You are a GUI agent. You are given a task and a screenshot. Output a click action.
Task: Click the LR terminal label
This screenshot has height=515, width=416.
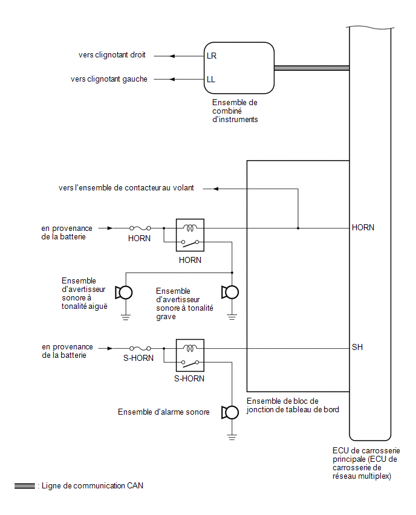pyautogui.click(x=212, y=56)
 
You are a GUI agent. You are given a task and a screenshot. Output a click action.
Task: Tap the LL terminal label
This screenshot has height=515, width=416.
pyautogui.click(x=211, y=79)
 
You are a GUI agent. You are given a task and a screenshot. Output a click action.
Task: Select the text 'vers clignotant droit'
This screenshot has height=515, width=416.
pyautogui.click(x=112, y=55)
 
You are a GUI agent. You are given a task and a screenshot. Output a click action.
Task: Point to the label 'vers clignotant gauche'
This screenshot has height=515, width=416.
pyautogui.click(x=109, y=79)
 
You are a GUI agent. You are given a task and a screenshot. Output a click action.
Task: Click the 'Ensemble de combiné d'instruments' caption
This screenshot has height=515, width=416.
pyautogui.click(x=235, y=111)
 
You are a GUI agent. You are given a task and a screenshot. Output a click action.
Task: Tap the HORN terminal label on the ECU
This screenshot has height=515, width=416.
pyautogui.click(x=363, y=227)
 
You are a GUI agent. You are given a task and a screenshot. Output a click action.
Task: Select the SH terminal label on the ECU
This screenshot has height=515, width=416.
pyautogui.click(x=357, y=347)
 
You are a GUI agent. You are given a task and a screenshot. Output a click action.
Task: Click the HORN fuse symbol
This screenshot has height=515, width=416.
pyautogui.click(x=140, y=228)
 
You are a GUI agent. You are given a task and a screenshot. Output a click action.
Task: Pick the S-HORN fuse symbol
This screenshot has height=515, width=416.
pyautogui.click(x=140, y=348)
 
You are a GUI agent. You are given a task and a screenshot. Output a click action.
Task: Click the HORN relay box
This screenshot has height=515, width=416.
pyautogui.click(x=190, y=235)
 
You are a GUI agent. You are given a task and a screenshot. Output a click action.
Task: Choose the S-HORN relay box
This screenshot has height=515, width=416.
pyautogui.click(x=190, y=355)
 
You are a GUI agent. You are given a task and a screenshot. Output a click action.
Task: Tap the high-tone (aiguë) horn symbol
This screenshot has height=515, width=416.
pyautogui.click(x=124, y=293)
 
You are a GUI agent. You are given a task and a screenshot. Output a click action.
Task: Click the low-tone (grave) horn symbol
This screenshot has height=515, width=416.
pyautogui.click(x=230, y=293)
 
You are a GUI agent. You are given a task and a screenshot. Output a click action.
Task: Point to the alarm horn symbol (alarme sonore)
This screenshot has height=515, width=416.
pyautogui.click(x=230, y=412)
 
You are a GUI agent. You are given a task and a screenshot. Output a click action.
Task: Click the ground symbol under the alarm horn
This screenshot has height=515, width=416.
pyautogui.click(x=232, y=437)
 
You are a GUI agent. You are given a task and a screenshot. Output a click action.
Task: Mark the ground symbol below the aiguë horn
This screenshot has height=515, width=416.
pyautogui.click(x=126, y=317)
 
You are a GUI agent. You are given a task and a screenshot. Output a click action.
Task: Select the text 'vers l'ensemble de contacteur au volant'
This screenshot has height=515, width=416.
pyautogui.click(x=126, y=188)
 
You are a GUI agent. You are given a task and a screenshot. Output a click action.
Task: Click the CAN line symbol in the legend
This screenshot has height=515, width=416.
pyautogui.click(x=25, y=486)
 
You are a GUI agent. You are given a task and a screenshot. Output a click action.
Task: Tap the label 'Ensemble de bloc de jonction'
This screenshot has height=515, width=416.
pyautogui.click(x=293, y=406)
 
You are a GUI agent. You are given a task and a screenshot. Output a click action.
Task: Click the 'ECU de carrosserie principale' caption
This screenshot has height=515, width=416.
pyautogui.click(x=366, y=463)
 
